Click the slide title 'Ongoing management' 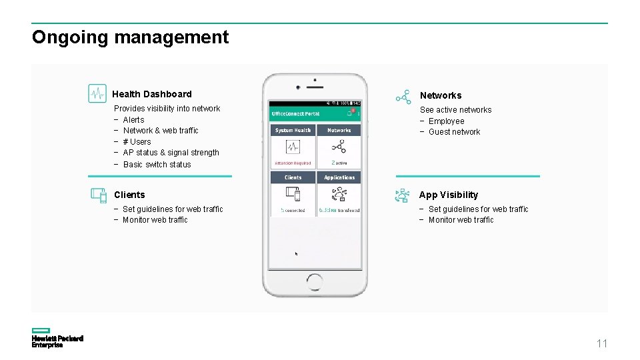tap(130, 37)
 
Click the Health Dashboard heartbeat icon tap(97, 93)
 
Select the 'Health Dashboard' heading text tap(152, 94)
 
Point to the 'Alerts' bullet tap(133, 120)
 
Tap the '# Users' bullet tap(137, 141)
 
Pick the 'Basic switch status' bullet tap(157, 164)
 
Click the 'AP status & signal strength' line tap(171, 153)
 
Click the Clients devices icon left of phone tap(99, 195)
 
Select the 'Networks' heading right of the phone tap(441, 95)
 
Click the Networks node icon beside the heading tap(403, 97)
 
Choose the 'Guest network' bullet tap(454, 132)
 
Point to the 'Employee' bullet tap(446, 121)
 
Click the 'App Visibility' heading tap(449, 195)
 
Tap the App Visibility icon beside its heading tap(402, 195)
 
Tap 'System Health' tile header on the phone tap(293, 131)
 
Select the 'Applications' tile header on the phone tap(339, 177)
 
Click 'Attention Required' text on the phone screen tap(293, 163)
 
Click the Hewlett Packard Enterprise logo tap(57, 338)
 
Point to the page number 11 tap(602, 344)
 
